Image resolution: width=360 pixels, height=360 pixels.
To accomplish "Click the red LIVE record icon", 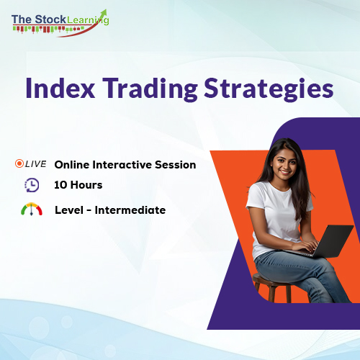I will click(x=19, y=164).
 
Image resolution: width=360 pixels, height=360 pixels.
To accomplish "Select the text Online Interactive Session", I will click(x=125, y=165).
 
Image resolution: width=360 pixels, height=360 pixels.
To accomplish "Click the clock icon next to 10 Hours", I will click(x=32, y=185).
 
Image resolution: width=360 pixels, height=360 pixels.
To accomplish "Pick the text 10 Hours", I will click(x=78, y=185).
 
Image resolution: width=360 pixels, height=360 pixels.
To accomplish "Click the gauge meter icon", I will click(x=32, y=210).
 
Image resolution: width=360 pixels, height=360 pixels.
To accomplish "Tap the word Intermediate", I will click(x=132, y=210).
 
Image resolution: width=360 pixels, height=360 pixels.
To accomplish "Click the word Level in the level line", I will click(x=69, y=210).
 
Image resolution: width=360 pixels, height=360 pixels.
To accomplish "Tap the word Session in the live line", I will click(x=174, y=165).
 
